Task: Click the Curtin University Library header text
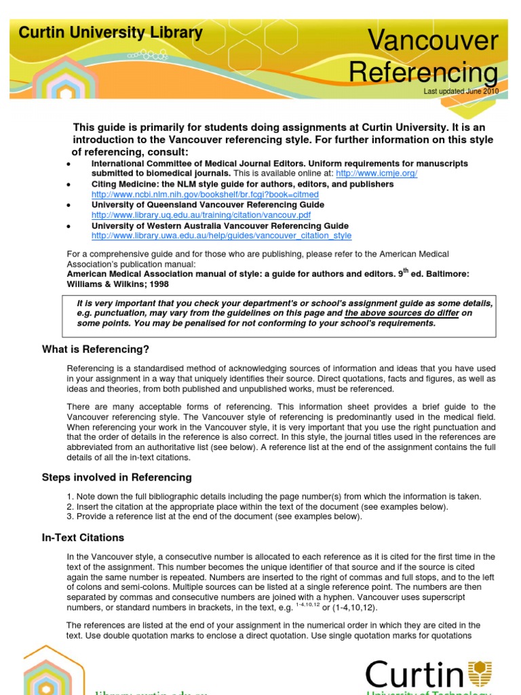click(x=110, y=32)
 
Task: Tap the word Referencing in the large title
click(x=423, y=73)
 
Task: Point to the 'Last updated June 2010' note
click(x=461, y=91)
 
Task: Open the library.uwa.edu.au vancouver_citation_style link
click(x=221, y=236)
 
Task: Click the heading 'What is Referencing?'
click(x=95, y=350)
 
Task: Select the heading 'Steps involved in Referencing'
click(x=117, y=477)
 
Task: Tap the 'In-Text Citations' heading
click(x=83, y=538)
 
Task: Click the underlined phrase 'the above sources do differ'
click(x=402, y=313)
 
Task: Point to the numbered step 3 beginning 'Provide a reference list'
click(x=214, y=516)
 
